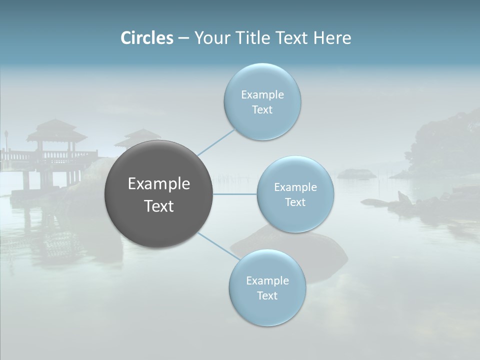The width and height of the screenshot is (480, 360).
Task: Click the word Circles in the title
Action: pos(147,38)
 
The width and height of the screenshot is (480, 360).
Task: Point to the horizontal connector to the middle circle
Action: pos(234,194)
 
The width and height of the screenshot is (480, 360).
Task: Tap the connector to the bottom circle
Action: pos(218,246)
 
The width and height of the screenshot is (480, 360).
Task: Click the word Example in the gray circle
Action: pos(158,184)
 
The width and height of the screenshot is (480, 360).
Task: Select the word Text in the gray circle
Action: pos(158,206)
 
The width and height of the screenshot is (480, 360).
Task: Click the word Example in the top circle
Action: pos(262,95)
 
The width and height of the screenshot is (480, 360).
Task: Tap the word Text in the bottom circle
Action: pos(267,296)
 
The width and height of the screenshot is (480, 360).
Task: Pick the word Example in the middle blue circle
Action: pos(295,187)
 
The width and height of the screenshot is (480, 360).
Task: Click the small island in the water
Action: pos(356,173)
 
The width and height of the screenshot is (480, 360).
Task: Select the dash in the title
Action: pos(183,38)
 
